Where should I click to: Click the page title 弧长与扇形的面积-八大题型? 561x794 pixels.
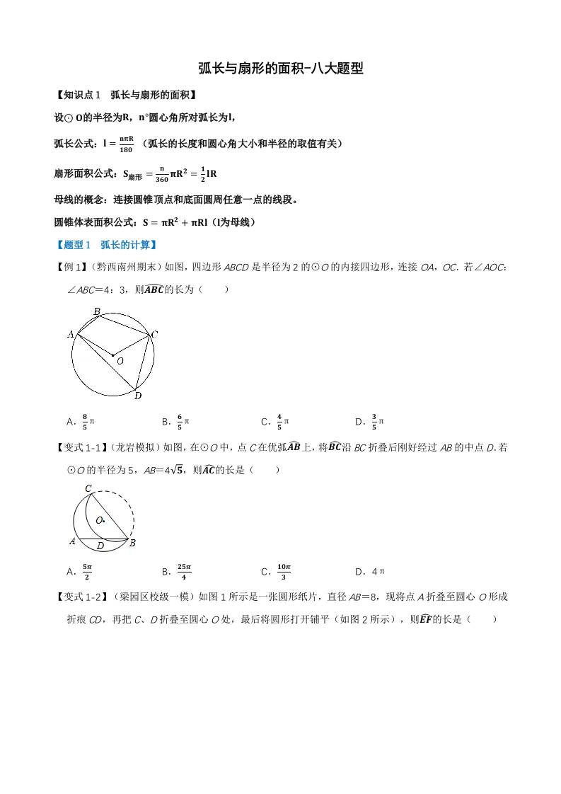281,69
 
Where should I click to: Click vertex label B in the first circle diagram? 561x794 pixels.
96,311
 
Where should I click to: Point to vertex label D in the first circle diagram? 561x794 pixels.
137,396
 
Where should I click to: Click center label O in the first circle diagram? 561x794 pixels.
120,361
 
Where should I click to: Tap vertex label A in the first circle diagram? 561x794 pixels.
71,334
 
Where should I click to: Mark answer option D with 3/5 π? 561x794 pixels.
370,422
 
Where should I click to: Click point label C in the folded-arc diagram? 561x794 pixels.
88,488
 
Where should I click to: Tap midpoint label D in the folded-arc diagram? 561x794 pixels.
100,546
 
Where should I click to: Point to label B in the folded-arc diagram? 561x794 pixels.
132,543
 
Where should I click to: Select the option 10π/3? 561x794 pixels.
277,571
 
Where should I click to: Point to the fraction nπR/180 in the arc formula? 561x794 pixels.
127,144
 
